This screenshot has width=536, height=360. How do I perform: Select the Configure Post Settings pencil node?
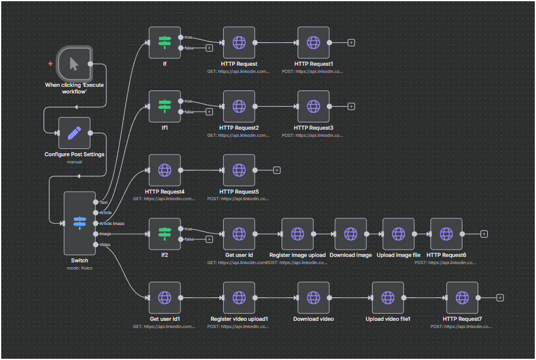click(x=74, y=133)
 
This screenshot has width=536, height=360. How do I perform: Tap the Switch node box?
click(x=80, y=223)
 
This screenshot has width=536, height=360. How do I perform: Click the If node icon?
click(x=165, y=42)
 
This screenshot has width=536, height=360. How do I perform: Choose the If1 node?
click(x=165, y=106)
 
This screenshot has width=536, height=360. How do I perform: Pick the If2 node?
click(x=165, y=234)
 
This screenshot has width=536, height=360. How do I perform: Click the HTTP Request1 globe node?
click(x=314, y=42)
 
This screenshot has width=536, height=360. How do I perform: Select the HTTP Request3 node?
click(x=314, y=106)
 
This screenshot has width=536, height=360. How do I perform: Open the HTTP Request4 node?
click(x=165, y=170)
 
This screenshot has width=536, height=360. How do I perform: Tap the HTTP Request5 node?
click(x=239, y=170)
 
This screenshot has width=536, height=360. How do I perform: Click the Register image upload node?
click(x=297, y=234)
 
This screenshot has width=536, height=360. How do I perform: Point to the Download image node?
click(x=350, y=234)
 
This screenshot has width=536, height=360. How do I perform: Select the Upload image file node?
click(x=399, y=234)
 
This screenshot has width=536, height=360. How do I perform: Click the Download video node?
click(x=314, y=297)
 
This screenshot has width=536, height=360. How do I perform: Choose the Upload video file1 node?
click(x=388, y=297)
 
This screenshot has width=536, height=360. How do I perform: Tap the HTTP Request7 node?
click(x=462, y=297)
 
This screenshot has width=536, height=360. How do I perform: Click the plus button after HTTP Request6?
click(x=484, y=234)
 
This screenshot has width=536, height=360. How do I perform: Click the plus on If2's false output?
click(x=209, y=239)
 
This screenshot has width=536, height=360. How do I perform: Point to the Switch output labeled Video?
click(x=95, y=244)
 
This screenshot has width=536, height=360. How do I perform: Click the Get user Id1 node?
click(x=165, y=297)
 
